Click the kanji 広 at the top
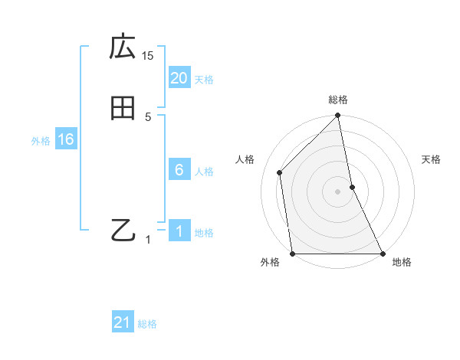click(x=123, y=47)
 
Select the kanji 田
click(x=123, y=109)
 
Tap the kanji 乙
click(x=123, y=230)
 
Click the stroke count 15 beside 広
click(x=148, y=55)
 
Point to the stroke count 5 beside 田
click(x=148, y=116)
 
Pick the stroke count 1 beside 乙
click(x=149, y=240)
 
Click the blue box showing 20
click(x=179, y=78)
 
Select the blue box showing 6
click(x=179, y=170)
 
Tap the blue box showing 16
click(x=65, y=139)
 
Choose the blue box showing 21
click(x=123, y=322)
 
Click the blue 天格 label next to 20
click(x=204, y=80)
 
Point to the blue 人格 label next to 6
click(x=204, y=172)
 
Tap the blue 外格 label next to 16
click(x=41, y=141)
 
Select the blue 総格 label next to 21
click(x=147, y=324)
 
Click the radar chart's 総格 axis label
click(x=338, y=100)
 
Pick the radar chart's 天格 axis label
click(x=432, y=159)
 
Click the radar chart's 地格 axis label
click(x=402, y=262)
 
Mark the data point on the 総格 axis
click(x=338, y=116)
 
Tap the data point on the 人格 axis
click(x=280, y=172)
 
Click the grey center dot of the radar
click(x=338, y=191)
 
